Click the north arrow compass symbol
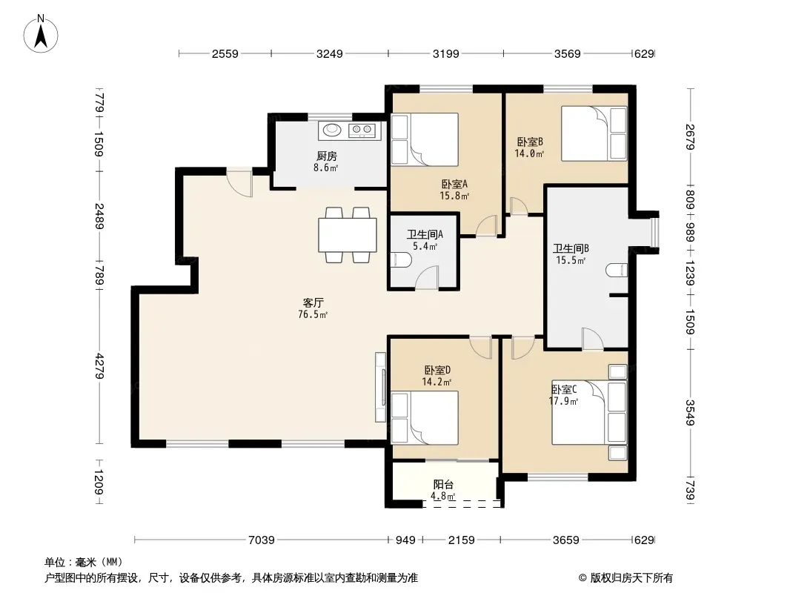(40, 34)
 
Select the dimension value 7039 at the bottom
(262, 540)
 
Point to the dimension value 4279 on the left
(99, 367)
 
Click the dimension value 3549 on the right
(690, 413)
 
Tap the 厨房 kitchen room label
(327, 156)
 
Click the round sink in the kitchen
(332, 130)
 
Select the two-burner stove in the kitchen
(362, 130)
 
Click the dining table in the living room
(348, 235)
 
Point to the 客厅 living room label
(313, 302)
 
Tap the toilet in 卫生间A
(402, 260)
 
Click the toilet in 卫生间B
(617, 271)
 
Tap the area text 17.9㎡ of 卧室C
(563, 402)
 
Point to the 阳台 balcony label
(443, 485)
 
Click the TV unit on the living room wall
(381, 387)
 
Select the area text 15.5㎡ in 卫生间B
(571, 260)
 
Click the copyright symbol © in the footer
(582, 578)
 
